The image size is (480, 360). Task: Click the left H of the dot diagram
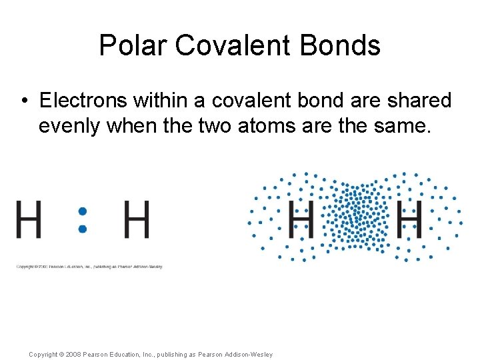29,220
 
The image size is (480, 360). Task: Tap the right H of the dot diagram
137,220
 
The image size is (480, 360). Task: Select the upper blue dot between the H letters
83,211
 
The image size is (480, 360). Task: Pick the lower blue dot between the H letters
83,229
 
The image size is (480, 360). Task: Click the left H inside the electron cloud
301,218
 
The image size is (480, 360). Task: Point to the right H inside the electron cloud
409,218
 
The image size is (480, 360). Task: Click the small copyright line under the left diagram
89,266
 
